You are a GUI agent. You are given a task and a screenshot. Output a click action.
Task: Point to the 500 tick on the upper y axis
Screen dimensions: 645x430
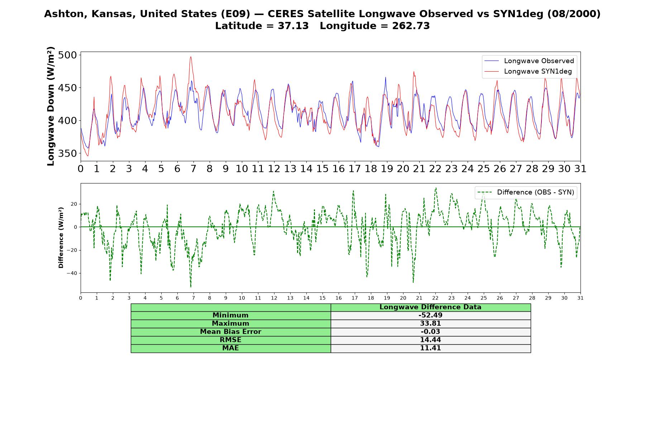pyautogui.click(x=67, y=55)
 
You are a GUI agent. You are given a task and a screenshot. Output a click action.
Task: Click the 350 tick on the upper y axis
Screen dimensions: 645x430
pyautogui.click(x=67, y=153)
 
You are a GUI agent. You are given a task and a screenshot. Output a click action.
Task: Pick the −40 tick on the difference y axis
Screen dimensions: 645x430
pyautogui.click(x=72, y=273)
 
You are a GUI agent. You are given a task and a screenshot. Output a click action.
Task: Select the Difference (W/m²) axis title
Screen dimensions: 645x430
pyautogui.click(x=61, y=238)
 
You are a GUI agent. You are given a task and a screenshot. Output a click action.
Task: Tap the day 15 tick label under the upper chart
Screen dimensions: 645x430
pyautogui.click(x=322, y=169)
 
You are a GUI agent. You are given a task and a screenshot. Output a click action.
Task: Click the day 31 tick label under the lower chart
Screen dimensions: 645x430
pyautogui.click(x=580, y=298)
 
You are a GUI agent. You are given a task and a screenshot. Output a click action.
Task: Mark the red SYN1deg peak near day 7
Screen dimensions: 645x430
pyautogui.click(x=191, y=57)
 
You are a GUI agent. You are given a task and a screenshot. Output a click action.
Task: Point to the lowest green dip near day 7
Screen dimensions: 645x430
pyautogui.click(x=191, y=287)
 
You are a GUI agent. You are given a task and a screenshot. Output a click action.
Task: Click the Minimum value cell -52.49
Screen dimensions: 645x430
pyautogui.click(x=430, y=315)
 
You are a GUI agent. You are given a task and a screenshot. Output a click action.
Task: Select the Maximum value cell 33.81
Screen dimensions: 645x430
pyautogui.click(x=430, y=324)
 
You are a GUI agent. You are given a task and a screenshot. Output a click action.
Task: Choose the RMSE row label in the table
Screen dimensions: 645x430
pyautogui.click(x=230, y=340)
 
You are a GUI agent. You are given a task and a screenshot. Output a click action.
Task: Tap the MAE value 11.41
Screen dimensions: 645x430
pyautogui.click(x=430, y=348)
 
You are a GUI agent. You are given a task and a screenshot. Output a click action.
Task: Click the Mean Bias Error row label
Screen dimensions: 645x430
pyautogui.click(x=230, y=332)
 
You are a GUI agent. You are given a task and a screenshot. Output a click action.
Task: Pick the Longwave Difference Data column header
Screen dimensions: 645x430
pyautogui.click(x=430, y=307)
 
